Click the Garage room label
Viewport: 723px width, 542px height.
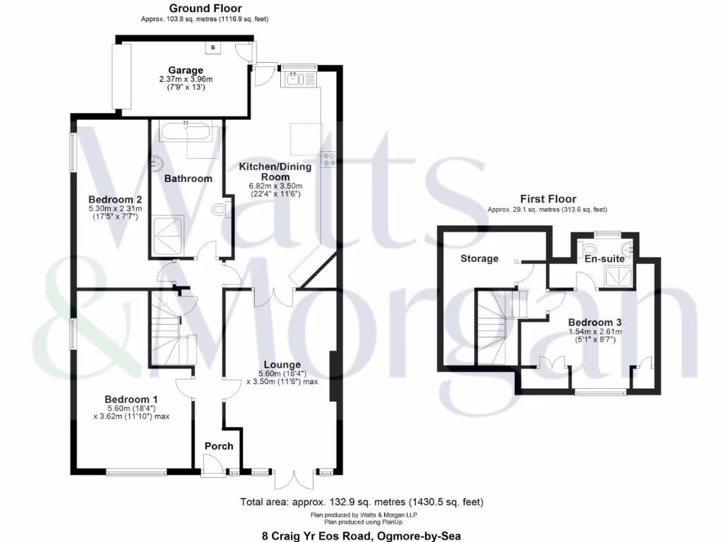pos(186,70)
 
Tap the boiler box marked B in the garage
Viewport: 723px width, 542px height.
pos(213,47)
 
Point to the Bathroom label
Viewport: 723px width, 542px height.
pos(189,179)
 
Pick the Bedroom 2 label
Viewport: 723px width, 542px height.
pos(115,199)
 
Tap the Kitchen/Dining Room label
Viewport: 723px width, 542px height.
pos(265,171)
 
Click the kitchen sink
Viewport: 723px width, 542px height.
pos(301,79)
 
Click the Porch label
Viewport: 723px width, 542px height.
pos(219,446)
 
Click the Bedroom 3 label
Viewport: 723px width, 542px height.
pos(594,322)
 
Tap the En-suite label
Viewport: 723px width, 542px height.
pos(604,260)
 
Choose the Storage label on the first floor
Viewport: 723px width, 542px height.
pos(479,258)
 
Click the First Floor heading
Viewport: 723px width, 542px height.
pos(548,199)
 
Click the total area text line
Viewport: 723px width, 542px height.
pos(361,502)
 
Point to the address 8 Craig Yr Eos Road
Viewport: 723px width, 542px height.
pos(361,536)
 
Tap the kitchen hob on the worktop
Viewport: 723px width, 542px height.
pos(329,160)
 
